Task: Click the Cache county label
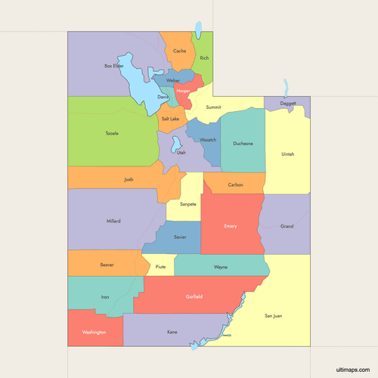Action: coord(179,51)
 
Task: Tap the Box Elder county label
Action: coord(113,66)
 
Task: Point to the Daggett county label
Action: coord(287,103)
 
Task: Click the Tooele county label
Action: coord(112,134)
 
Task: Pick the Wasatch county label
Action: coord(208,140)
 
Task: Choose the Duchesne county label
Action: coord(243,143)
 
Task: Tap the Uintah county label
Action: coord(287,154)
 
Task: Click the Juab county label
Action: coord(129,179)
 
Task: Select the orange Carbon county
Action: coord(235,184)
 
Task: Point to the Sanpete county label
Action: coord(187,204)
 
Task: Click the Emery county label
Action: coord(231,226)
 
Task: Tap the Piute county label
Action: coord(160,267)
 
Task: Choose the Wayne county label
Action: coord(220,267)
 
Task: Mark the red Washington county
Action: coord(94,332)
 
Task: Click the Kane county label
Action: coord(172,332)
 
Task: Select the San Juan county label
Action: coord(273,315)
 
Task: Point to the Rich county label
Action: coord(204,57)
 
